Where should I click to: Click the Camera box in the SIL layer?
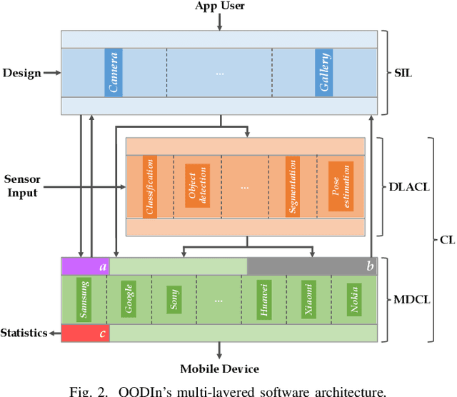coord(114,73)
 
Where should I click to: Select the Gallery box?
coord(325,73)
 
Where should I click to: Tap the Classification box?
coord(150,187)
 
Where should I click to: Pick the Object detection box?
coord(195,187)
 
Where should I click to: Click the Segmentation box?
coord(293,187)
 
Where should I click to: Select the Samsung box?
coord(84,299)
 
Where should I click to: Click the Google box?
coord(129,299)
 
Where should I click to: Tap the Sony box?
coord(174,299)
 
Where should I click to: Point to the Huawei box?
coord(264,299)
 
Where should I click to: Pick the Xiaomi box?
coord(309,299)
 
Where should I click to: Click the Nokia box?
coord(354,299)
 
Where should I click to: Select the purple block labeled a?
coord(85,266)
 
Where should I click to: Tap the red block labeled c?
coord(85,333)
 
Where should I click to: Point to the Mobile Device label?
coord(219,368)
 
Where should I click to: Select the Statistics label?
coord(24,333)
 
